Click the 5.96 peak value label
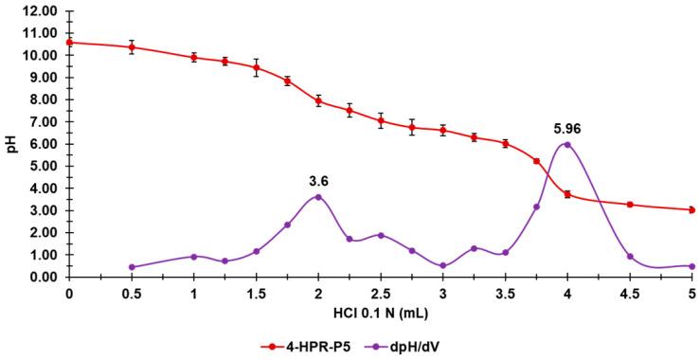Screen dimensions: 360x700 566,126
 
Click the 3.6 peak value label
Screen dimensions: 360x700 318,179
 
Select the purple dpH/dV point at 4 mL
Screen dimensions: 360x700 567,144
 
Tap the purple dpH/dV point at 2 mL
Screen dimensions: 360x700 318,197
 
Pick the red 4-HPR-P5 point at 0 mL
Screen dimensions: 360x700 69,42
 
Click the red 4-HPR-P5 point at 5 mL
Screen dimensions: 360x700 692,209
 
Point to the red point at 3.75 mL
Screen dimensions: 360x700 536,161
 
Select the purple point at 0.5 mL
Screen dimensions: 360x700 132,267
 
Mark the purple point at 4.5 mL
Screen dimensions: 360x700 630,257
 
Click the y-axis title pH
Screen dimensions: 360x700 11,143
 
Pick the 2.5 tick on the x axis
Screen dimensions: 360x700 381,293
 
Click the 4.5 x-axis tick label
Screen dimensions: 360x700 630,293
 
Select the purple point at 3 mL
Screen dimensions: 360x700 443,266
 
